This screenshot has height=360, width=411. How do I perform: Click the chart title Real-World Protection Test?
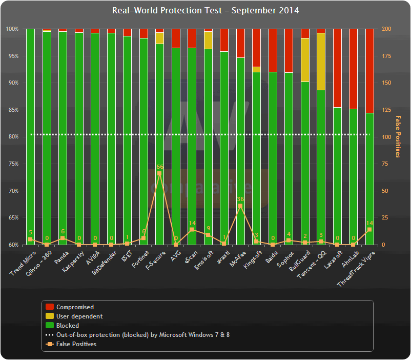pyautogui.click(x=205, y=11)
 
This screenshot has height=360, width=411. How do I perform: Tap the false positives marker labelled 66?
pyautogui.click(x=159, y=173)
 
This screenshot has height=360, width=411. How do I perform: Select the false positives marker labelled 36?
pyautogui.click(x=240, y=206)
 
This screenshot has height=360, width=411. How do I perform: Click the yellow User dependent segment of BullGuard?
pyautogui.click(x=305, y=60)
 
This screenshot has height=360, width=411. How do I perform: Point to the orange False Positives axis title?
pyautogui.click(x=398, y=136)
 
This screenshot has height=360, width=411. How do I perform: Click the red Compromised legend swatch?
pyautogui.click(x=50, y=307)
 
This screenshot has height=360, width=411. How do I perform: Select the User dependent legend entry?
pyautogui.click(x=79, y=316)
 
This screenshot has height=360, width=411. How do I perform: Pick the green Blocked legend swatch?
pyautogui.click(x=50, y=326)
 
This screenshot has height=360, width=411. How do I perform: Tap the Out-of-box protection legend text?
pyautogui.click(x=143, y=335)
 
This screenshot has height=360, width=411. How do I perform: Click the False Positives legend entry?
pyautogui.click(x=76, y=344)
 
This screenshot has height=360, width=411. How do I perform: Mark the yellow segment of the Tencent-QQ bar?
pyautogui.click(x=321, y=62)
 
